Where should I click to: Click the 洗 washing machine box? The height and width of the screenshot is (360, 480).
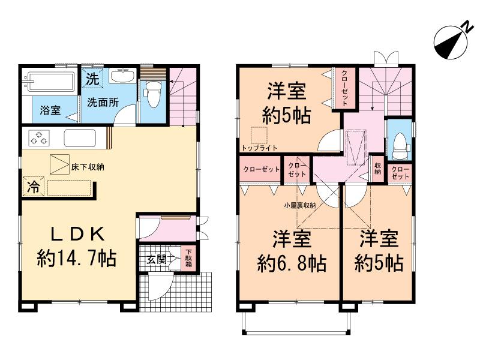(92, 78)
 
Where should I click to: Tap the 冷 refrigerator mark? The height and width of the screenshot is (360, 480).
(33, 187)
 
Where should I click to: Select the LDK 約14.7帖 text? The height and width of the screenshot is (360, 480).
(76, 246)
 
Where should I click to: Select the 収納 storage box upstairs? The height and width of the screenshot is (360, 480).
(377, 169)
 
